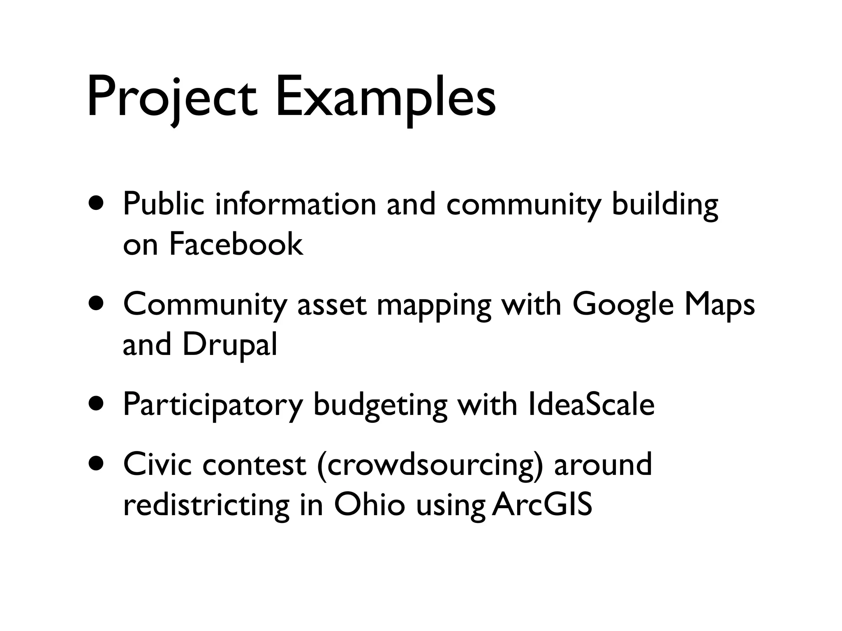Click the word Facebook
236,244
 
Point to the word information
295,204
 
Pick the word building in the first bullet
665,205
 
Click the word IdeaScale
591,405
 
